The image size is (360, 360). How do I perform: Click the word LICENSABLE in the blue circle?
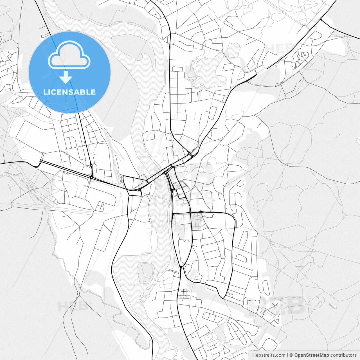tap(69, 92)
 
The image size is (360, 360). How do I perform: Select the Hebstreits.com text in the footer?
tap(269, 355)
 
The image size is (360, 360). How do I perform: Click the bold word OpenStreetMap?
tap(311, 355)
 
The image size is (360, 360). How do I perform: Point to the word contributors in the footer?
tap(343, 355)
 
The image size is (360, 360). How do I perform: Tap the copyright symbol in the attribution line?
tap(291, 355)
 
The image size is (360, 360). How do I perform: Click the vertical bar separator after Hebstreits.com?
tap(287, 355)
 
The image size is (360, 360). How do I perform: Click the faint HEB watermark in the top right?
tap(280, 48)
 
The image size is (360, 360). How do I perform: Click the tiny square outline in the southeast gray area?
tap(335, 307)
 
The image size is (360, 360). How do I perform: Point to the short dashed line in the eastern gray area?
tap(337, 137)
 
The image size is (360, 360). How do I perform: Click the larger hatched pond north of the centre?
tap(208, 70)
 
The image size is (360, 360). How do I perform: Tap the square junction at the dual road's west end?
tap(41, 161)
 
